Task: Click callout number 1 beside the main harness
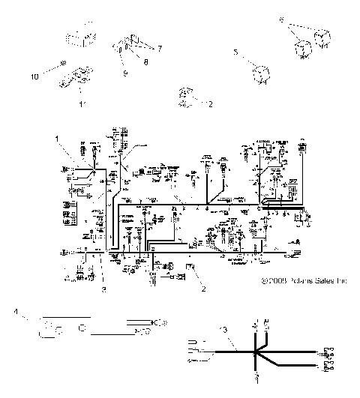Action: pos(56,139)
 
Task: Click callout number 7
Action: pos(158,47)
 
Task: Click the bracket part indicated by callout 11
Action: pos(79,76)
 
